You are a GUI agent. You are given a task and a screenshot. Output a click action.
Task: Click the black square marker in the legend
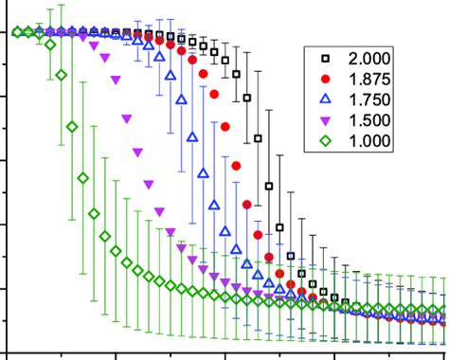pos(325,58)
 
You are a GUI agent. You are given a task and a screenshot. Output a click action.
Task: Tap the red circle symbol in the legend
pos(325,79)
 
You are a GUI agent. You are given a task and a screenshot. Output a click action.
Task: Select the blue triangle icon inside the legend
pos(325,99)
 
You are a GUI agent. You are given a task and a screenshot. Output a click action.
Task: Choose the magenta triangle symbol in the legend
pos(325,121)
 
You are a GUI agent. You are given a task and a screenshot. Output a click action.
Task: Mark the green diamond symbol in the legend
pos(325,142)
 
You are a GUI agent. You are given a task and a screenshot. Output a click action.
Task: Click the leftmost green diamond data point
pos(16,32)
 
